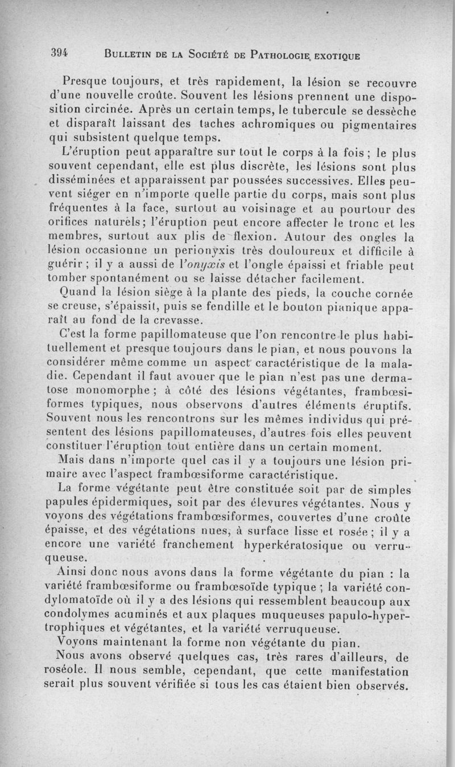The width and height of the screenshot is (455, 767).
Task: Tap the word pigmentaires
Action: click(x=392, y=124)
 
